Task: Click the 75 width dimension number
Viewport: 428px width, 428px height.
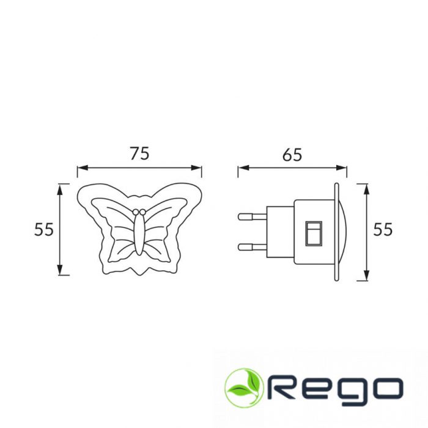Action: coord(139,153)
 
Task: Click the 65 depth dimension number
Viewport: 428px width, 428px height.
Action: coord(292,155)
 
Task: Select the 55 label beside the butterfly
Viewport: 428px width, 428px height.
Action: coord(43,229)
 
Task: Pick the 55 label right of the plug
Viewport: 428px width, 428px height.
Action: coord(383,229)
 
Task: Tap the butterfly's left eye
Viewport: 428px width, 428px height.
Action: coord(136,212)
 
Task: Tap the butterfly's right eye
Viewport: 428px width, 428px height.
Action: coord(142,212)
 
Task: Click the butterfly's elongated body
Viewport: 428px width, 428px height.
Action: coord(139,234)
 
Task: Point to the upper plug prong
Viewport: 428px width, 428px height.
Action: coord(252,216)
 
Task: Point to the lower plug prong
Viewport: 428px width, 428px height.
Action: coord(252,247)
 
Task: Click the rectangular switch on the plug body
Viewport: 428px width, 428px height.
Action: coord(314,234)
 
